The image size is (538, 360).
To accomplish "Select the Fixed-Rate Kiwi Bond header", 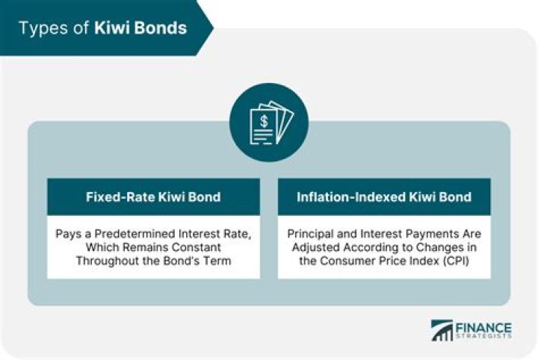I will [153, 197].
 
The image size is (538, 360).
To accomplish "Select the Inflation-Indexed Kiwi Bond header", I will [384, 197].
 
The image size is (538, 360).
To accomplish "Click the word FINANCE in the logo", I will [483, 327].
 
